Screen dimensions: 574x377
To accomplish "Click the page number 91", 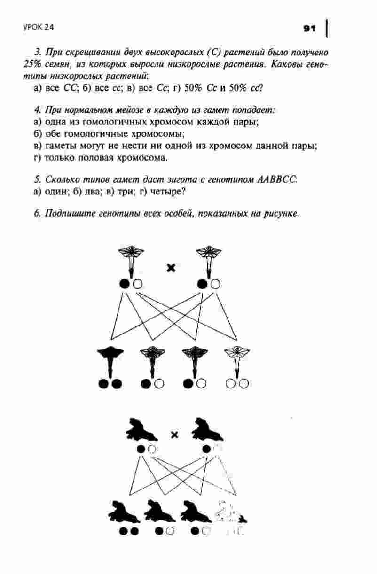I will tap(309, 29).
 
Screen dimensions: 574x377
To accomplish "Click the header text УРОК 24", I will tap(39, 28).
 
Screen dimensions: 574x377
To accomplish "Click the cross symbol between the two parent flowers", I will tap(171, 268).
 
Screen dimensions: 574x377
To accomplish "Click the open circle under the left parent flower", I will tap(137, 284).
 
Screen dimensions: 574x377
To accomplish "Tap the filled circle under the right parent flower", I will tap(203, 284).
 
